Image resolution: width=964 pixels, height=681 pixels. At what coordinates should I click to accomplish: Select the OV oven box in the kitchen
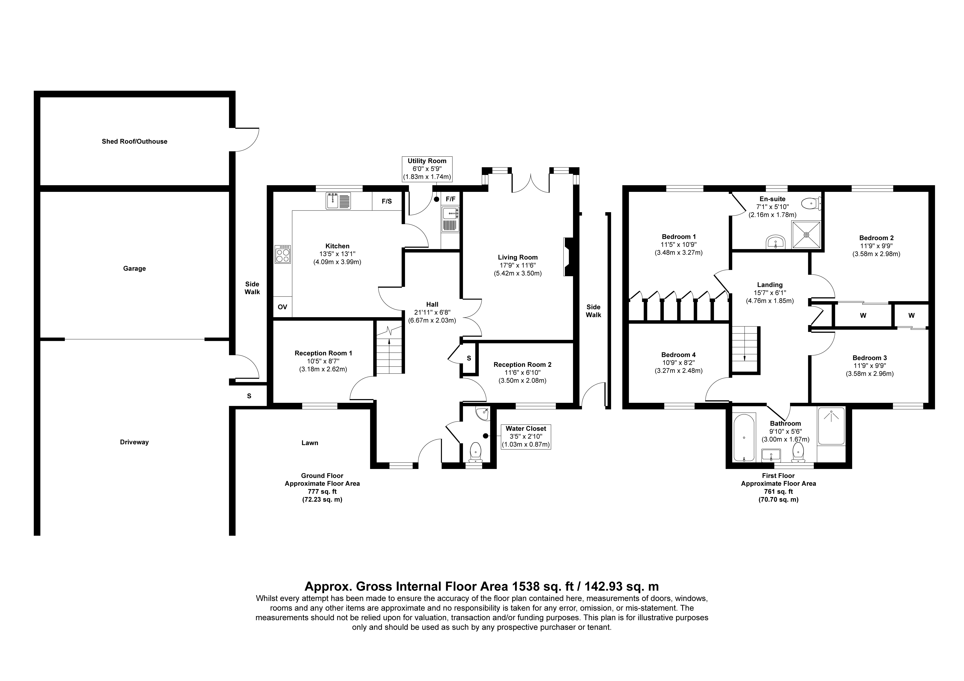point(283,307)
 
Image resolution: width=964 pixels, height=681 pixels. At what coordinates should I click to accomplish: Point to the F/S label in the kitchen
point(387,202)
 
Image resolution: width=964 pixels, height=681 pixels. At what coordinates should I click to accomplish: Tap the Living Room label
point(518,257)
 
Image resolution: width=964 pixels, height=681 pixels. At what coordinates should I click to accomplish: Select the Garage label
point(134,269)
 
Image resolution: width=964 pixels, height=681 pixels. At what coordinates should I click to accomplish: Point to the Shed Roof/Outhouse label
point(134,141)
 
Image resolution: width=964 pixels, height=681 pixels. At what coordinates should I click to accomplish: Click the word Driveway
point(134,442)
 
